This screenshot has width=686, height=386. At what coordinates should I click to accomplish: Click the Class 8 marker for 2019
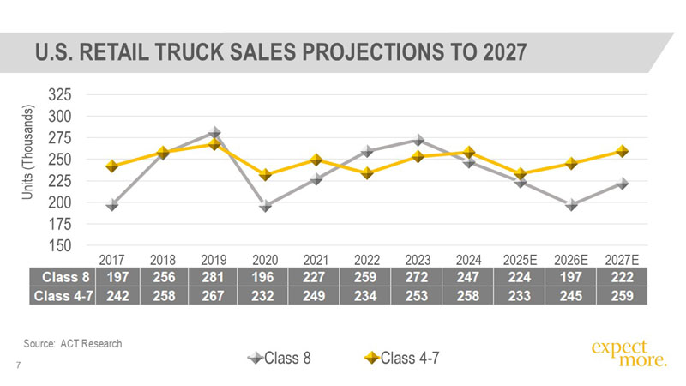point(214,132)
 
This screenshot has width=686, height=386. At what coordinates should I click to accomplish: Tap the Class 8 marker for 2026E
point(572,205)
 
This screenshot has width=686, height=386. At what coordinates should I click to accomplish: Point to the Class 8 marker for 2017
point(112,205)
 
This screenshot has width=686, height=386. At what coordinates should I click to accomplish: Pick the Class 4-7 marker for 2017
point(112,166)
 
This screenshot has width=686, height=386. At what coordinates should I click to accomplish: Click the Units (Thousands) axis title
point(28,154)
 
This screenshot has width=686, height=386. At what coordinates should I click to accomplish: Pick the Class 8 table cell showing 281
point(214,277)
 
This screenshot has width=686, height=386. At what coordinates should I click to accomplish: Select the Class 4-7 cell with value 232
point(266,296)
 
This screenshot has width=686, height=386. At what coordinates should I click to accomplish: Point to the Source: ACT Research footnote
point(73,343)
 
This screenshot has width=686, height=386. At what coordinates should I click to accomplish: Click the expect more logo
point(629,353)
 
